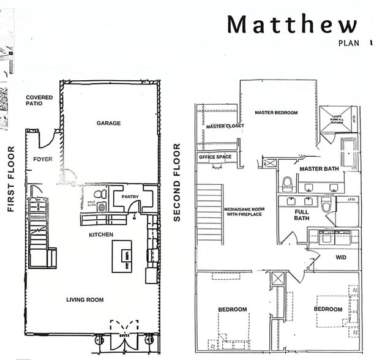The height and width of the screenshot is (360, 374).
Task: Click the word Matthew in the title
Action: point(291,24)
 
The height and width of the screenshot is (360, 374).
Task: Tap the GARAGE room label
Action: point(108,123)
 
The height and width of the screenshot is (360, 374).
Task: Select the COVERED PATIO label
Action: point(39,101)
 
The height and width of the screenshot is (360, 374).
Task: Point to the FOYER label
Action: point(43,159)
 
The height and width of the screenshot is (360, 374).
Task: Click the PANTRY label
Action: point(130,197)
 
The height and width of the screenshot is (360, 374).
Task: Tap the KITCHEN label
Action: point(101,234)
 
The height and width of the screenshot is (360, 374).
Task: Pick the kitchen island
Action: point(122,256)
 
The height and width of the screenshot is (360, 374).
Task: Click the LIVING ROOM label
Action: point(85,299)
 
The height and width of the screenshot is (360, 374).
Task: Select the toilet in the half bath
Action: point(102,194)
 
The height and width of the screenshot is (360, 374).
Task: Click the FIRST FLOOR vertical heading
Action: point(10,179)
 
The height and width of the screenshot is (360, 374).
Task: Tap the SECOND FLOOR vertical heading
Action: point(177,182)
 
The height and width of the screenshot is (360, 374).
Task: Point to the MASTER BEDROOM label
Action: point(276,113)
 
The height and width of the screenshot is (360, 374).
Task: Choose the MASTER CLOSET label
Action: point(225,127)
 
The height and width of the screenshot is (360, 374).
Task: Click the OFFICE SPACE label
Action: point(215,157)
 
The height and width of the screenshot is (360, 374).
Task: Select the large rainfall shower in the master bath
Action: point(335,118)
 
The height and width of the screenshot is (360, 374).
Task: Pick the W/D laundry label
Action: point(340,257)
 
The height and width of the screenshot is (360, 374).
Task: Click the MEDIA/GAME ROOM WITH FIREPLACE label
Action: point(243,211)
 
